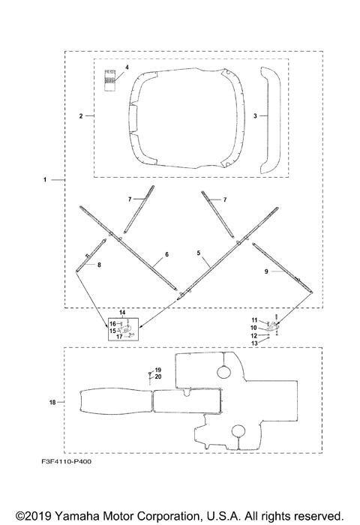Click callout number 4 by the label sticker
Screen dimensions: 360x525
point(127,67)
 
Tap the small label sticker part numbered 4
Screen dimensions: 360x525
point(109,80)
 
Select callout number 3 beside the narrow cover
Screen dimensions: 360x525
point(255,115)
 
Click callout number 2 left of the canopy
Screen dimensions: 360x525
point(81,116)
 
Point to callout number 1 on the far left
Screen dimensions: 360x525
point(45,180)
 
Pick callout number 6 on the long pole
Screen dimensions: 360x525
point(166,254)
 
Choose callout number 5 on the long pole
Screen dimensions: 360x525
point(199,253)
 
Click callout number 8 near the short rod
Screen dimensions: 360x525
point(99,265)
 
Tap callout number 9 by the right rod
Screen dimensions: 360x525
point(266,271)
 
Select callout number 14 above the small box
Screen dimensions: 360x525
point(122,313)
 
